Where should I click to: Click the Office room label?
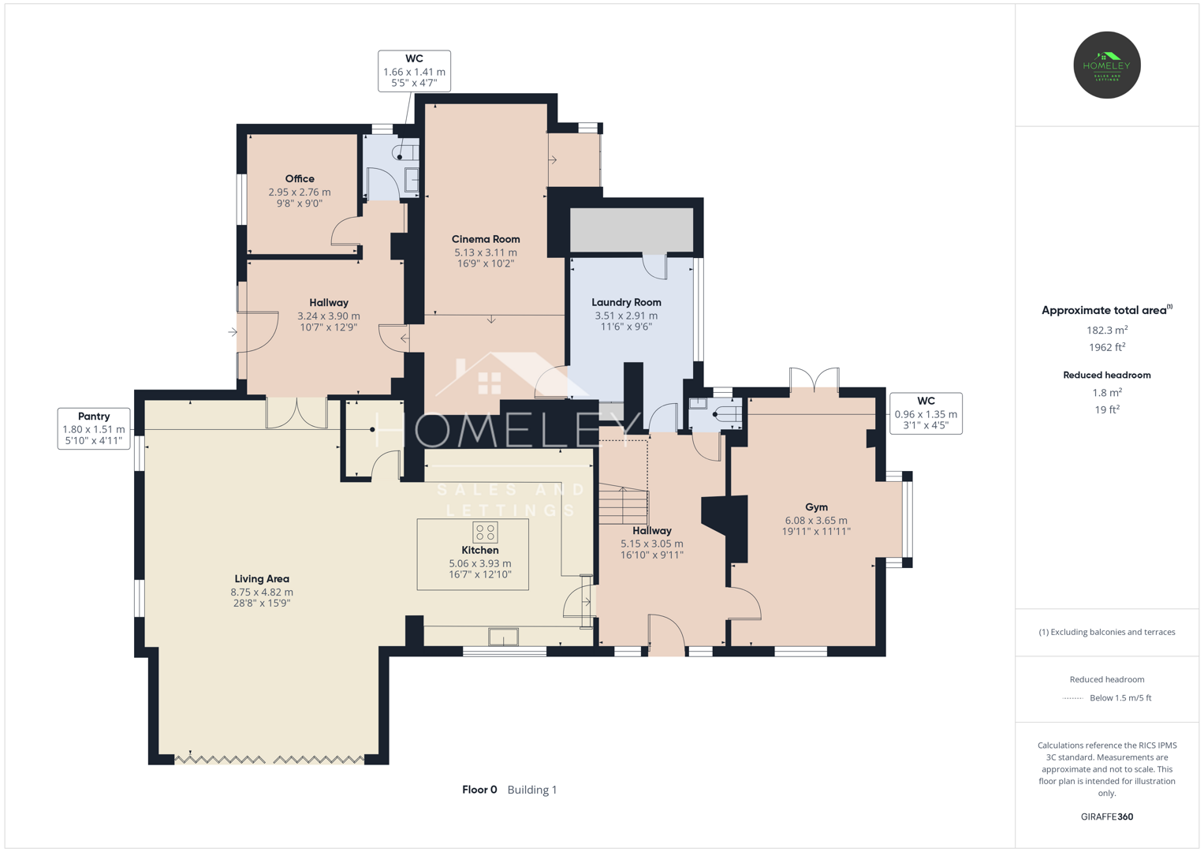point(300,178)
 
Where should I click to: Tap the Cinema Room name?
point(486,239)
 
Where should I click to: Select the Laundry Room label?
point(626,302)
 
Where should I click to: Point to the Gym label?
point(816,507)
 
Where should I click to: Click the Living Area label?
point(262,579)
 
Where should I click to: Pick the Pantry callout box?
point(94,428)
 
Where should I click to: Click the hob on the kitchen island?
point(485,532)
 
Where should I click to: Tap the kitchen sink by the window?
point(503,637)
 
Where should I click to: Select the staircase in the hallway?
point(624,503)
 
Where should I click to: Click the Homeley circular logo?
point(1107,65)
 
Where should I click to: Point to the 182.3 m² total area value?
point(1107,330)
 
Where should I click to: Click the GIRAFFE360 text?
point(1107,816)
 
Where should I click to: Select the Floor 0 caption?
point(479,790)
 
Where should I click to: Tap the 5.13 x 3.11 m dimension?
point(486,252)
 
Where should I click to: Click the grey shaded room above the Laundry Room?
point(632,230)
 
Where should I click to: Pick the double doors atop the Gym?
point(814,378)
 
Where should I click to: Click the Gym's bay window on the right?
point(907,520)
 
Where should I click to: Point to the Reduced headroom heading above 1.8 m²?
point(1107,375)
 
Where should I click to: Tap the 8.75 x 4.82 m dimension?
point(262,592)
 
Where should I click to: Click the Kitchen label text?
point(480,551)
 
